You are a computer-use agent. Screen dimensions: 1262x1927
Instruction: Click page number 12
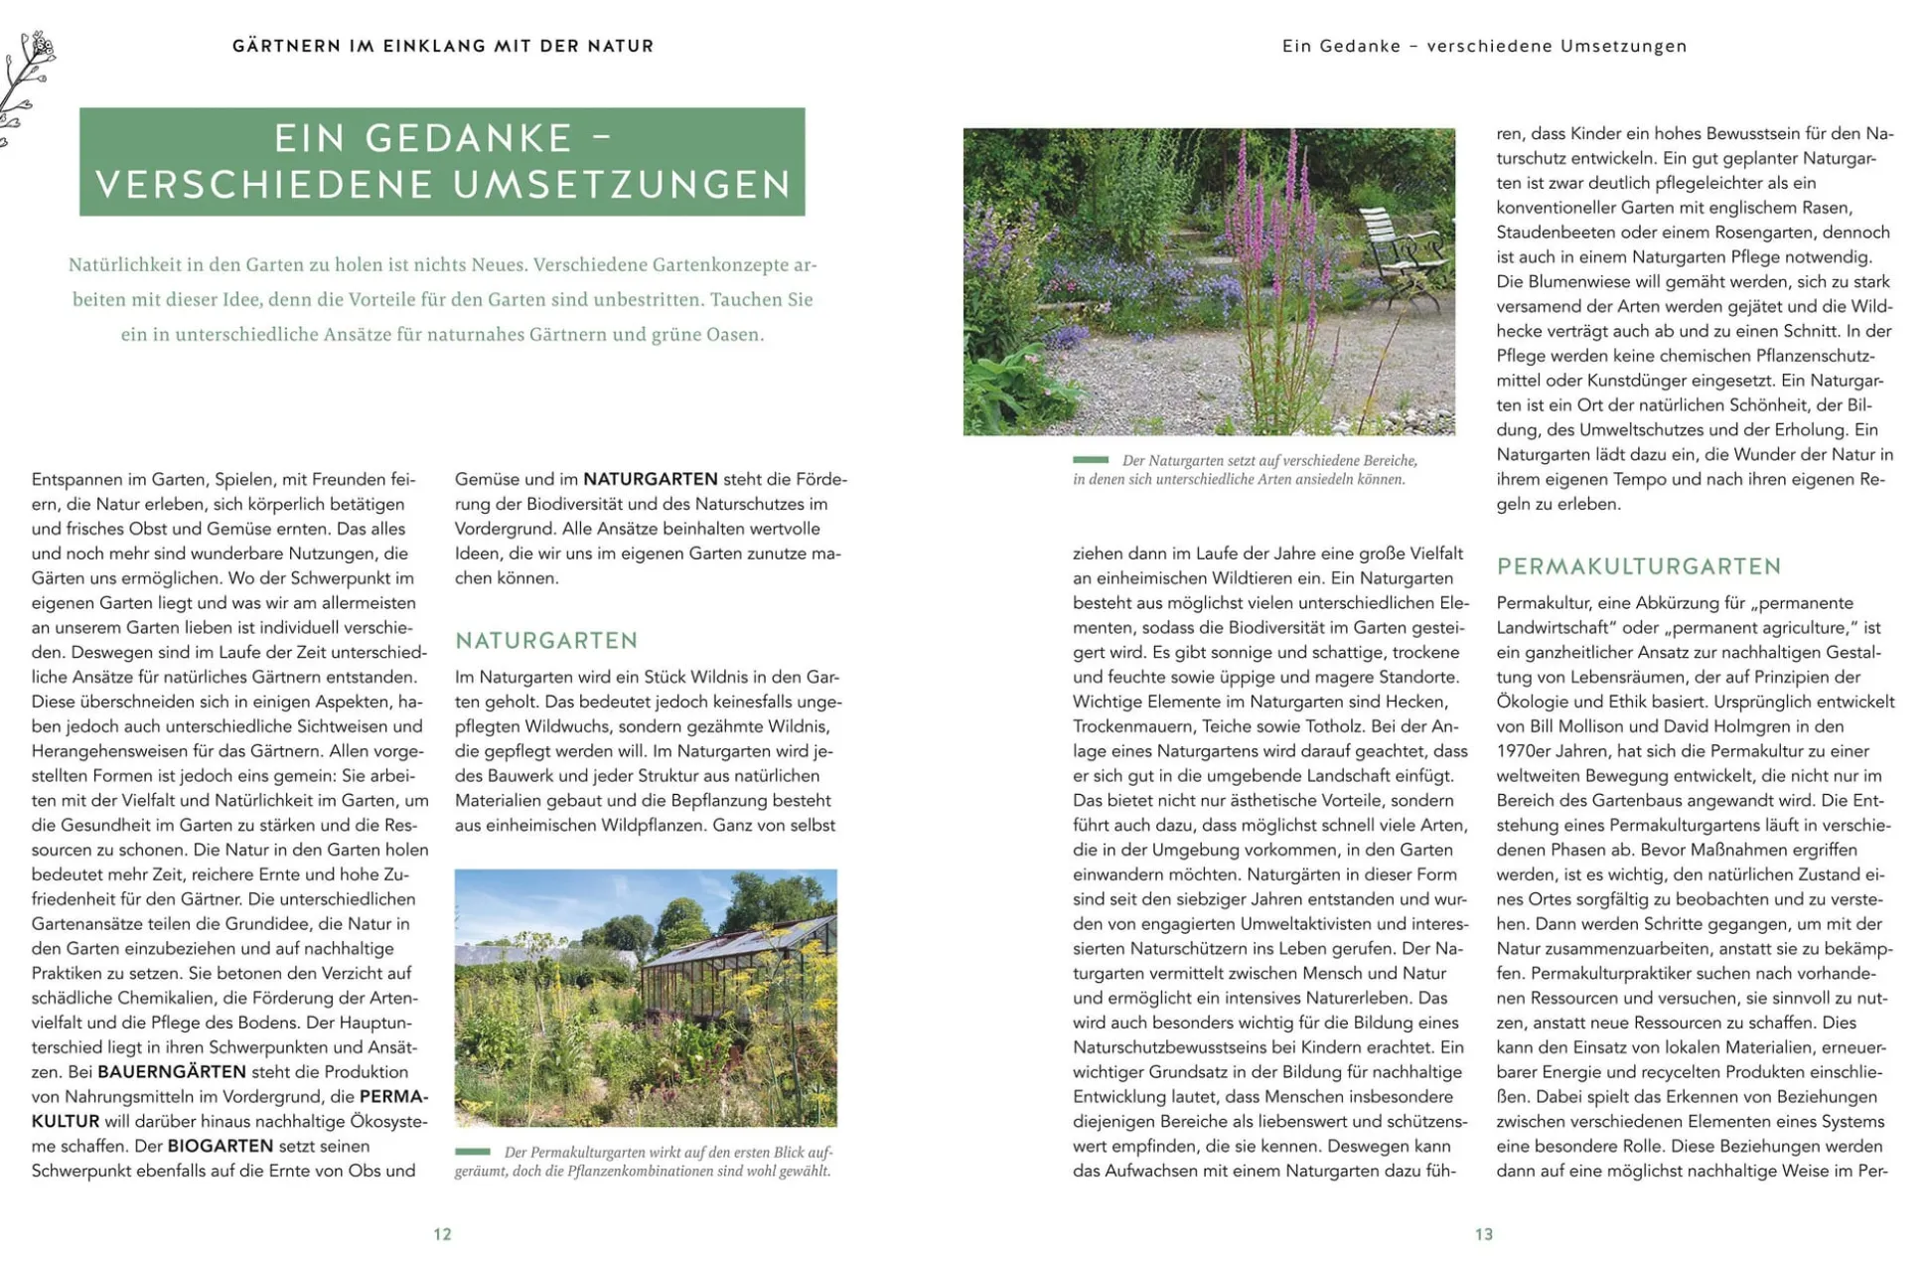point(442,1234)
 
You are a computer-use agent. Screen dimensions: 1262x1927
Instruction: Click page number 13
point(1483,1234)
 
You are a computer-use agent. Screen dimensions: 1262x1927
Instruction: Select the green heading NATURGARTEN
point(546,641)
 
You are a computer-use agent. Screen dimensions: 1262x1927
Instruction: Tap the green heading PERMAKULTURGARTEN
point(1639,566)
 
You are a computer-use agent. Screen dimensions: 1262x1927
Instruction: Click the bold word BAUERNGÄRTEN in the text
point(172,1072)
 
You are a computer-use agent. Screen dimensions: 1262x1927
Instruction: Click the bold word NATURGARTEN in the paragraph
point(651,479)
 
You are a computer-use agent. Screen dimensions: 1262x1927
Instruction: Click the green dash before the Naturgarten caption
point(1090,460)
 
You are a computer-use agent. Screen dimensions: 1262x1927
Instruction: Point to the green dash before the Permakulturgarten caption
point(473,1152)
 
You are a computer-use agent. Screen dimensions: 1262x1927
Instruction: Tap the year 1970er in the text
point(1527,751)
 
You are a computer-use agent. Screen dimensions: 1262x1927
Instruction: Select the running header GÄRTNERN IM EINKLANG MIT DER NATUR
point(443,46)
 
